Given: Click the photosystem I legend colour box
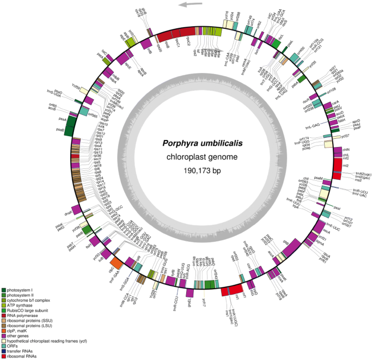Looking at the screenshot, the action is click(4, 290).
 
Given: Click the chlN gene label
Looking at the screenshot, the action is click(347, 148).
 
